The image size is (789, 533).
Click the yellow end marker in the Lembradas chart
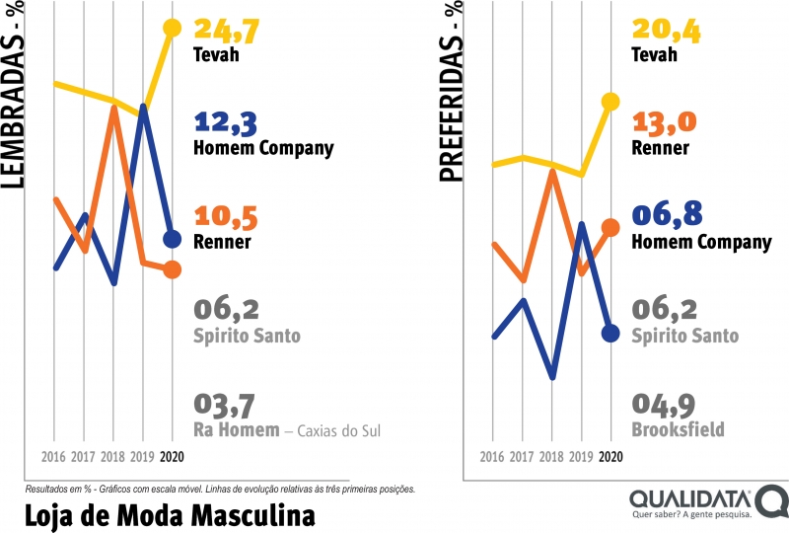[x=172, y=28]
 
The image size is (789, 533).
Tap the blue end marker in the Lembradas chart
[x=172, y=239]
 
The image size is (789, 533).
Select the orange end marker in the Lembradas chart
[x=172, y=269]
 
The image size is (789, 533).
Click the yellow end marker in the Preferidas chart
[x=610, y=101]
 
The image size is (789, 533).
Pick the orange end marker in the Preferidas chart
[x=610, y=227]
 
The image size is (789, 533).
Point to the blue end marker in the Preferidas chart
[x=610, y=334]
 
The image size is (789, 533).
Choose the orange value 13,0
[x=664, y=123]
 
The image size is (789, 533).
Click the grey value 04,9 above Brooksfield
[x=664, y=405]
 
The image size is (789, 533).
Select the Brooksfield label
[x=678, y=429]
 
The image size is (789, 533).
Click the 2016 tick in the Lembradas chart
[x=55, y=457]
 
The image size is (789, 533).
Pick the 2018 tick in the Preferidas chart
[x=552, y=457]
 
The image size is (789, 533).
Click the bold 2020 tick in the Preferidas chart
[x=610, y=457]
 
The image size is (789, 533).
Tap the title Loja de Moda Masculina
[x=169, y=515]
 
